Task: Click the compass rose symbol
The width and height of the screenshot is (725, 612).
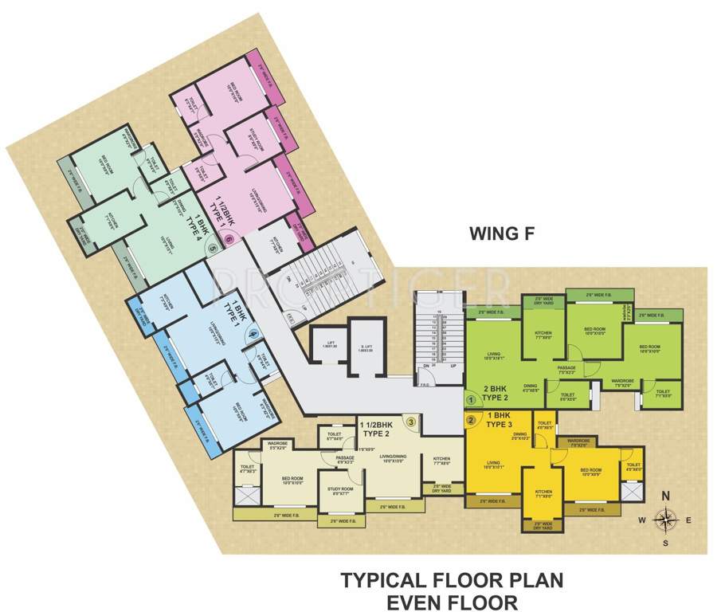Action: (x=665, y=520)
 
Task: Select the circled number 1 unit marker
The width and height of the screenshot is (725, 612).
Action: (x=470, y=401)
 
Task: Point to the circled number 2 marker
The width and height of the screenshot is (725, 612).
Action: (x=470, y=420)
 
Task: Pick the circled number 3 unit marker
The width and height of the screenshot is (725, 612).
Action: (x=410, y=422)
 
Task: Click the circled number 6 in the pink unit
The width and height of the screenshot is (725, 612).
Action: (x=229, y=237)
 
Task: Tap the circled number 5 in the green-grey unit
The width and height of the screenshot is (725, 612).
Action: (x=212, y=249)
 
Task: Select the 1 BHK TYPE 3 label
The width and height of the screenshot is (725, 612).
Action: (x=498, y=422)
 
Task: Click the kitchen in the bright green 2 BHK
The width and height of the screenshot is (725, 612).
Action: (x=543, y=334)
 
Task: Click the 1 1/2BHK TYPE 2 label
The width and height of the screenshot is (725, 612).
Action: (x=380, y=430)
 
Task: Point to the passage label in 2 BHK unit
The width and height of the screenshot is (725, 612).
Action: (x=566, y=368)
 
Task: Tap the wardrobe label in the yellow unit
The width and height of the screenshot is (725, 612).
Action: (x=578, y=444)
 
